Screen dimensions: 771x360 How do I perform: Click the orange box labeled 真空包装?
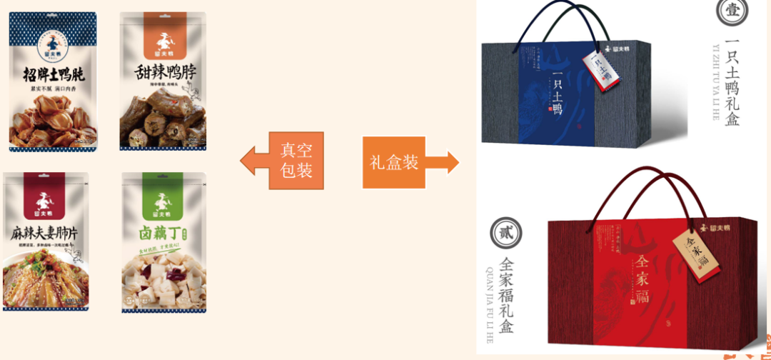pyautogui.click(x=296, y=160)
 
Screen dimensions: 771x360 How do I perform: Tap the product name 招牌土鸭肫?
pyautogui.click(x=49, y=74)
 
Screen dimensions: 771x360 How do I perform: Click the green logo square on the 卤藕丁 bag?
pyautogui.click(x=163, y=201)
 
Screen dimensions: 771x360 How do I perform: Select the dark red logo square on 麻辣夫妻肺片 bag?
pyautogui.click(x=46, y=200)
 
